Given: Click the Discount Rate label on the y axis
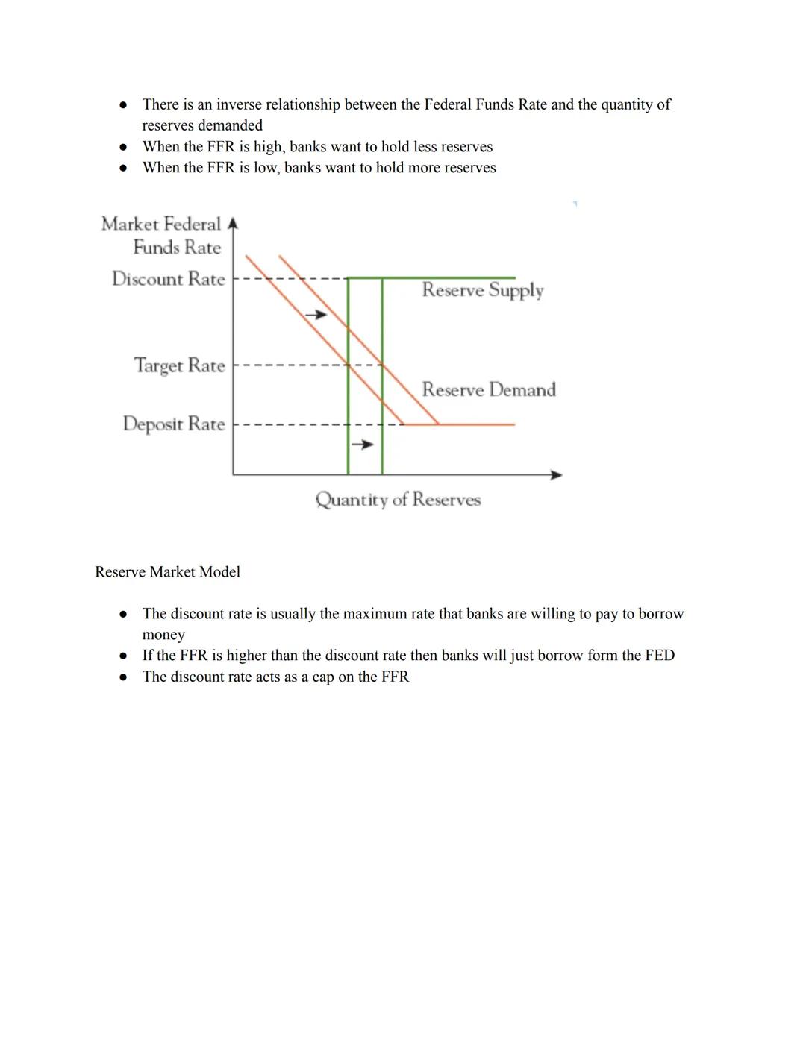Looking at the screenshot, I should [x=168, y=279].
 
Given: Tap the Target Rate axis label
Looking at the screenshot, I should [x=179, y=365].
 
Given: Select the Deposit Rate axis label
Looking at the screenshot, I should [x=173, y=424].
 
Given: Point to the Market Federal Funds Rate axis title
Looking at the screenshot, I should [x=162, y=236].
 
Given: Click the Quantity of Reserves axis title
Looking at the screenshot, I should [x=398, y=500].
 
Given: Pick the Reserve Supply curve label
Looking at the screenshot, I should [x=482, y=290].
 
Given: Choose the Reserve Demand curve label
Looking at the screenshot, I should [x=489, y=389].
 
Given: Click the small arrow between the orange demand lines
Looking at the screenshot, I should [x=316, y=315].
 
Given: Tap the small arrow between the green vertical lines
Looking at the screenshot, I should [x=363, y=445].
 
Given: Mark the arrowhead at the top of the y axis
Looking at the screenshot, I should [x=233, y=223].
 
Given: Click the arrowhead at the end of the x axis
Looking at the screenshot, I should [x=556, y=474].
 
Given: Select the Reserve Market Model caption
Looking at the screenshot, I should [x=167, y=572].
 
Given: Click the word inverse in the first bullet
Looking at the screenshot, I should [x=239, y=104].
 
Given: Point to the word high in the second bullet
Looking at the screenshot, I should [x=267, y=147].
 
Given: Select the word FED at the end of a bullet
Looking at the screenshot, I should [x=660, y=656].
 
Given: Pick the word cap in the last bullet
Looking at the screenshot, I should [x=322, y=677].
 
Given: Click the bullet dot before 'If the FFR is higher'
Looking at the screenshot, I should [x=124, y=656].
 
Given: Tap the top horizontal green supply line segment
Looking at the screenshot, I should [x=448, y=277].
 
